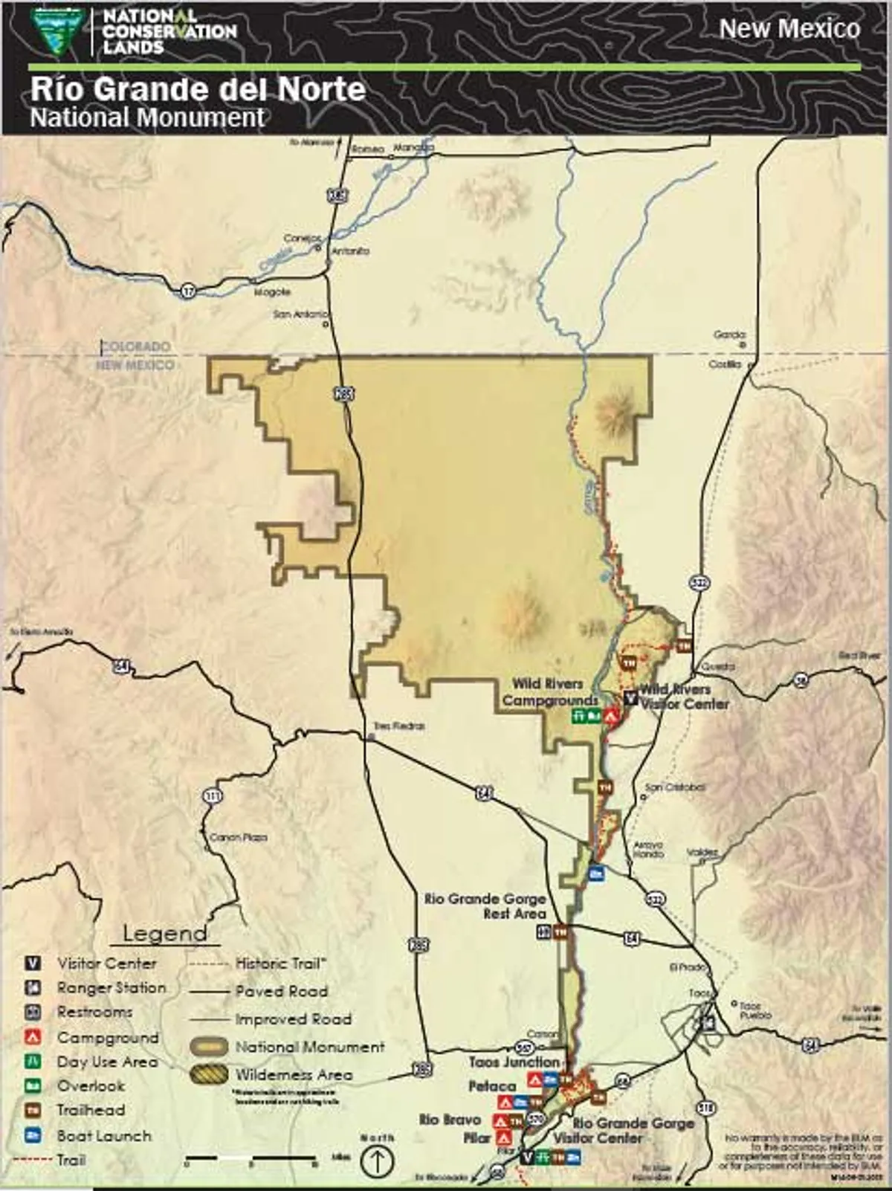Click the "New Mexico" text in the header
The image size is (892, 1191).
pyautogui.click(x=789, y=29)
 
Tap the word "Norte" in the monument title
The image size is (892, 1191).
pyautogui.click(x=321, y=89)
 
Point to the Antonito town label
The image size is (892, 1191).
pyautogui.click(x=350, y=251)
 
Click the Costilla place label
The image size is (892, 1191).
pyautogui.click(x=725, y=364)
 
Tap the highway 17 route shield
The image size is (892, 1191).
pyautogui.click(x=187, y=291)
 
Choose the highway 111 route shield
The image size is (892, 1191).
pyautogui.click(x=212, y=796)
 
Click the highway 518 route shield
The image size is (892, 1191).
pyautogui.click(x=706, y=1108)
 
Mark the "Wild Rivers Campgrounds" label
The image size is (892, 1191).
pyautogui.click(x=549, y=691)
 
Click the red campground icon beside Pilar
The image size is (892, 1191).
pyautogui.click(x=505, y=1137)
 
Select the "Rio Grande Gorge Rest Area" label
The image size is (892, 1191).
pyautogui.click(x=485, y=906)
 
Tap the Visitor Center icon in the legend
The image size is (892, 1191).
pyautogui.click(x=33, y=964)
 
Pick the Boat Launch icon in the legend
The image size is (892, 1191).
pyautogui.click(x=33, y=1135)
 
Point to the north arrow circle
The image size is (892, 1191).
pyautogui.click(x=377, y=1160)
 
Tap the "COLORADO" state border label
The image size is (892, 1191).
pyautogui.click(x=135, y=346)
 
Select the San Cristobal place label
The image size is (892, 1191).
pyautogui.click(x=675, y=787)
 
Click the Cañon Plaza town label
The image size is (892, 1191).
pyautogui.click(x=238, y=837)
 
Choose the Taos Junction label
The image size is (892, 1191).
pyautogui.click(x=514, y=1062)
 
